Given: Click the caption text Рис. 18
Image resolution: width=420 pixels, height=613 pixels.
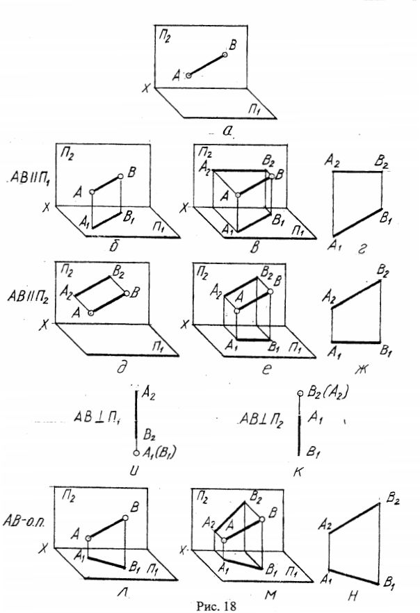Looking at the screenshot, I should [209, 605].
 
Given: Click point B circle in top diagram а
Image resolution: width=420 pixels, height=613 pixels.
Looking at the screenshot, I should [224, 54].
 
